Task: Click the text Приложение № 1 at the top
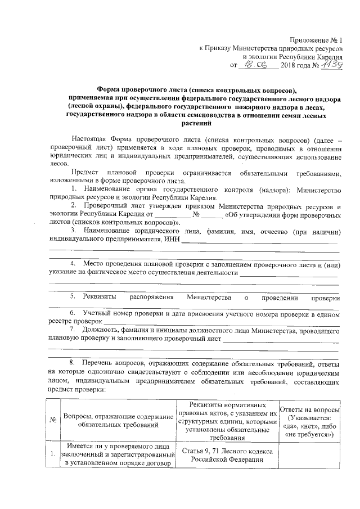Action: point(316,39)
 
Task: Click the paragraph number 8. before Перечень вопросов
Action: point(73,363)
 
